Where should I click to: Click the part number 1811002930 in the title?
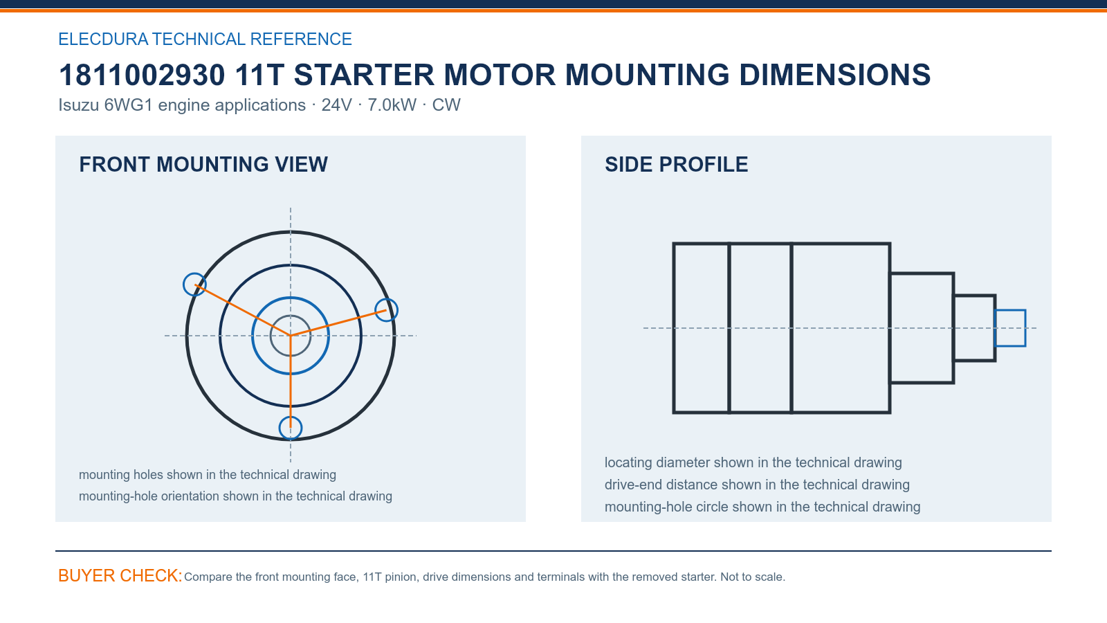click(142, 75)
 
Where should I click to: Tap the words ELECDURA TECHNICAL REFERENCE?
click(205, 39)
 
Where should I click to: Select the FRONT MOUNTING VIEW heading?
click(203, 165)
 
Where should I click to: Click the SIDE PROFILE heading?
click(676, 165)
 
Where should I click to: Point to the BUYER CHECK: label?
click(120, 575)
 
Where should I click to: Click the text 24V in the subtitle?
click(336, 105)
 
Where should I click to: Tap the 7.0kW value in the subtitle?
click(392, 105)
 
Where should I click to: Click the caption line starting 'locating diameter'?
click(753, 462)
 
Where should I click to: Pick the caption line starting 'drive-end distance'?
click(757, 485)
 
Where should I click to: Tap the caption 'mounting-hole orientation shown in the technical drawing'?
click(235, 496)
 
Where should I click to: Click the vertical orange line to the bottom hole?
click(291, 381)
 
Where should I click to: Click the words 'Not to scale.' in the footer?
click(753, 577)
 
